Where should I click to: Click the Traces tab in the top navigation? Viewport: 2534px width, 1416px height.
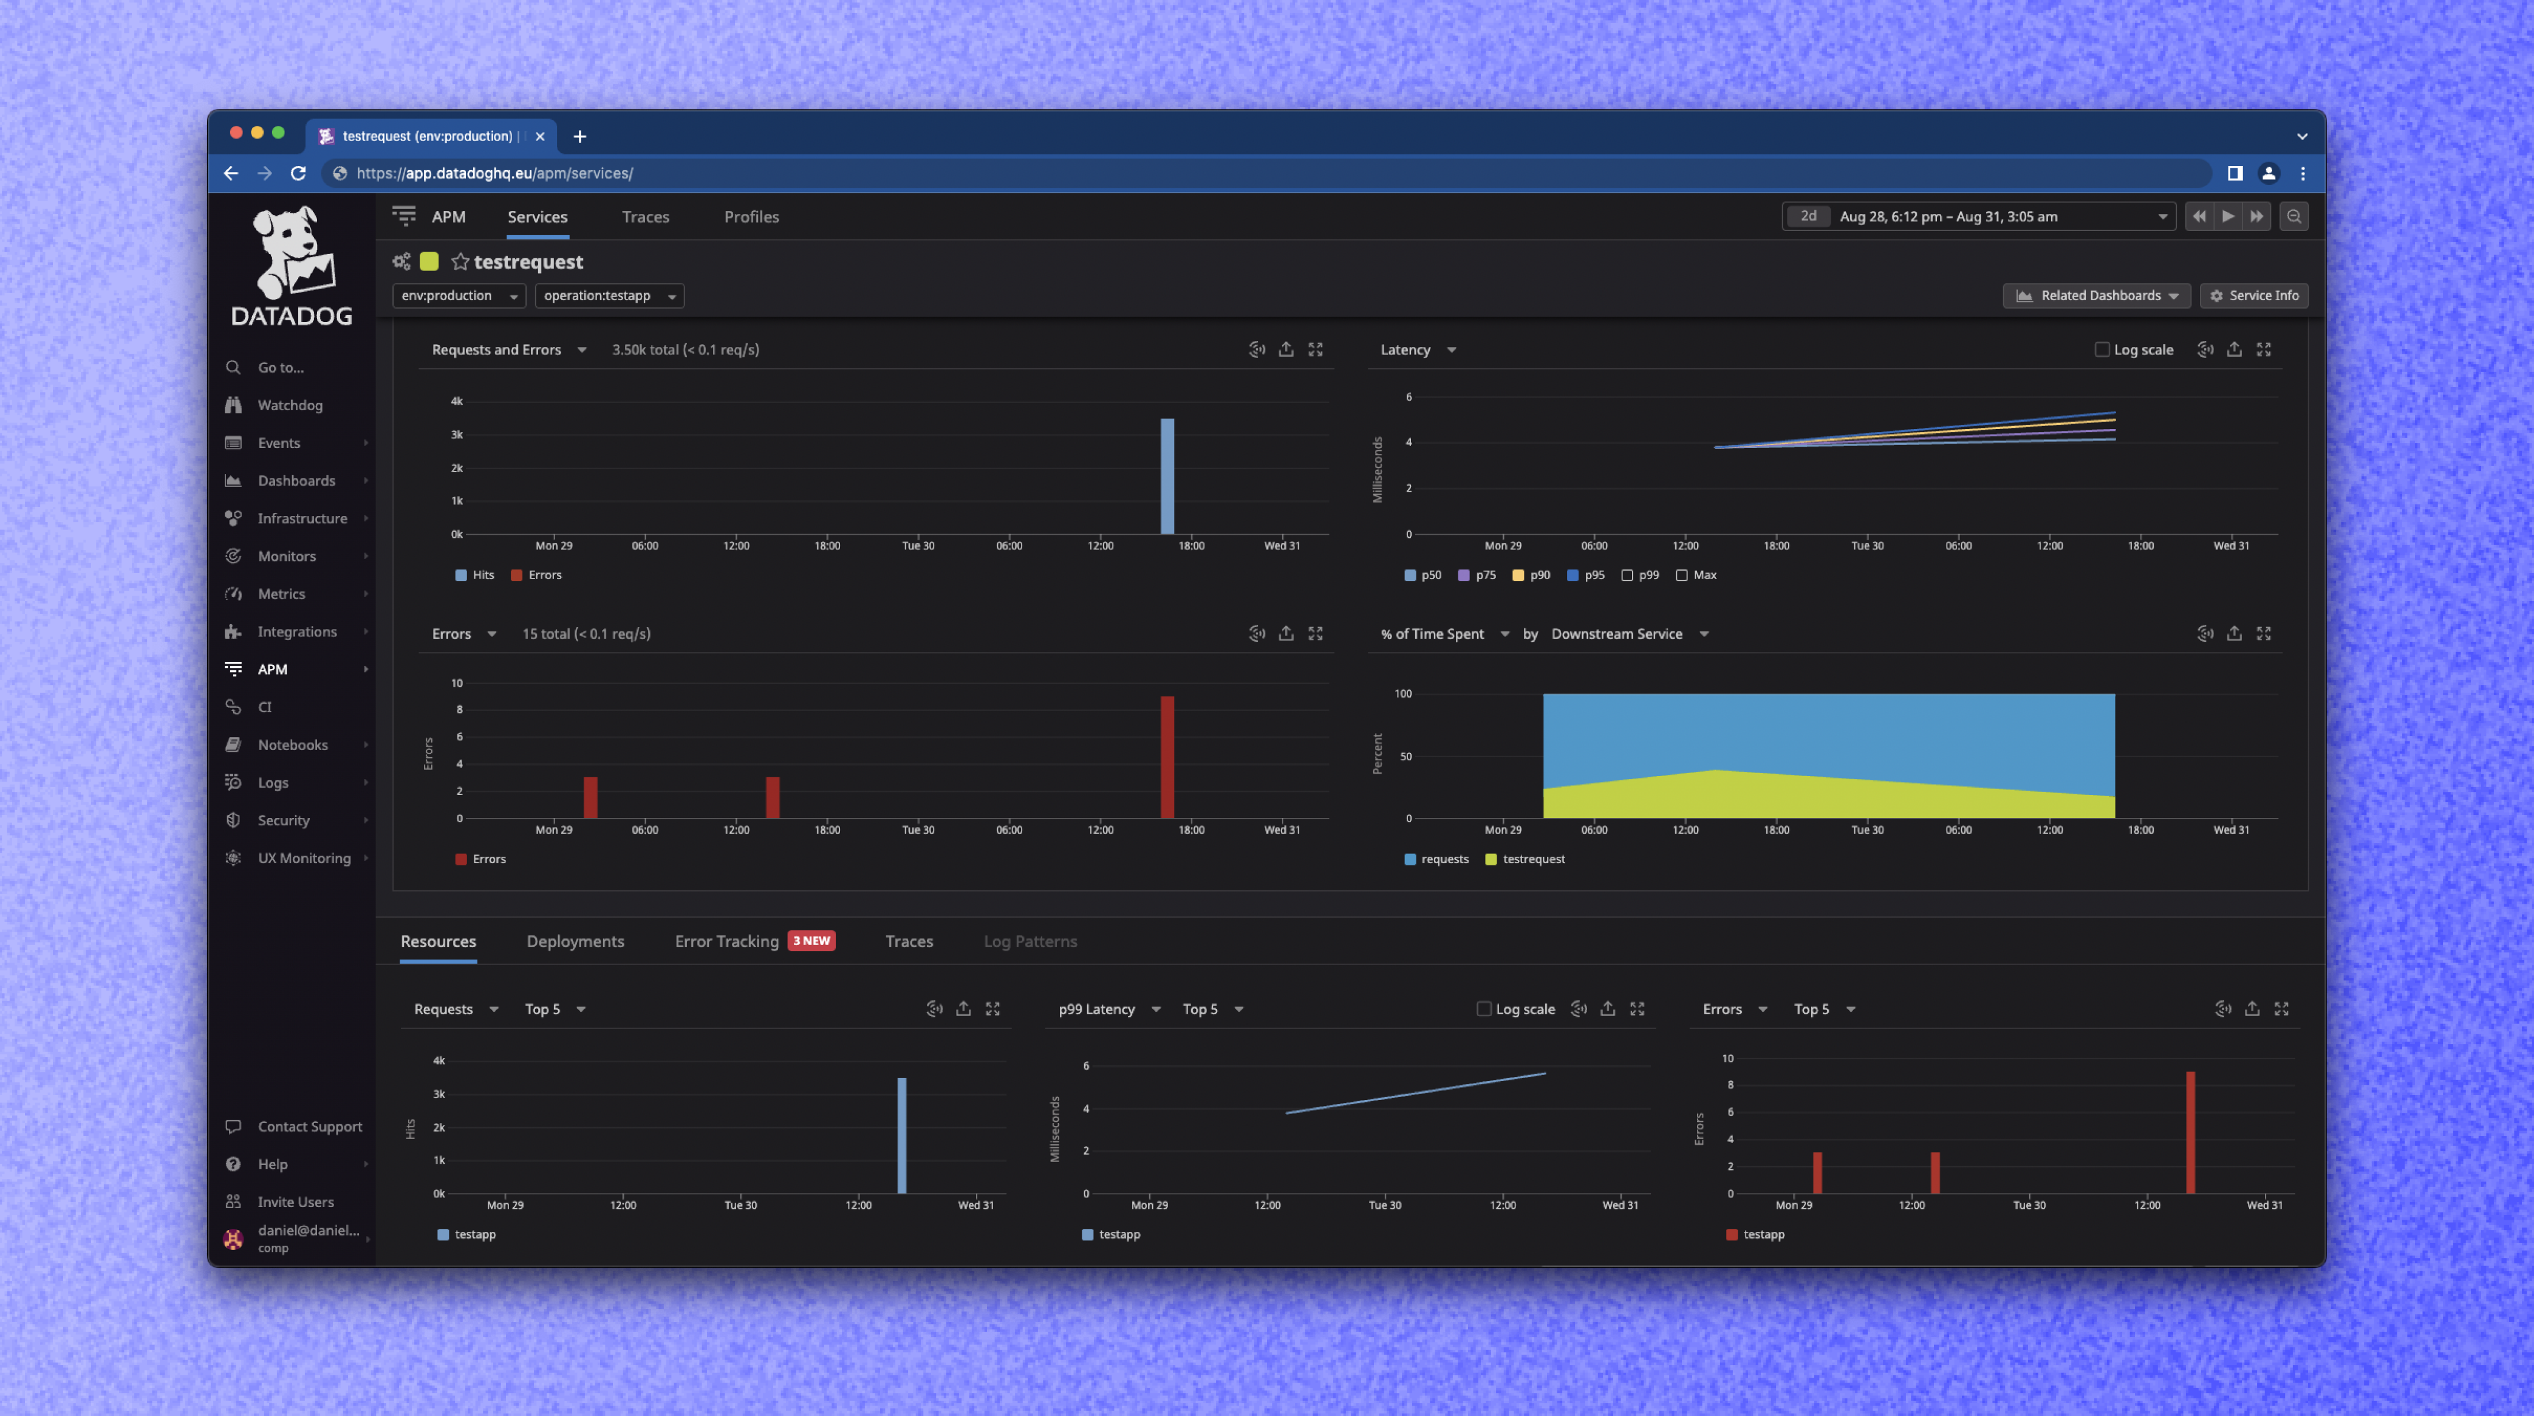click(x=645, y=216)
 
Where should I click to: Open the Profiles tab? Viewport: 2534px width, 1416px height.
click(x=751, y=216)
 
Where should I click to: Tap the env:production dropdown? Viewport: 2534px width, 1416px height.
click(x=459, y=296)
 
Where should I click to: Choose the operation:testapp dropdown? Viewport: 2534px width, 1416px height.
click(x=609, y=296)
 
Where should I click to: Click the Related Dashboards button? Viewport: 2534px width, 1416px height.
click(x=2096, y=296)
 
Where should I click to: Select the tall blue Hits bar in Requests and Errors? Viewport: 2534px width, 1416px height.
click(x=1167, y=477)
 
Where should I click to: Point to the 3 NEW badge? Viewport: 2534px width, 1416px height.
click(x=811, y=941)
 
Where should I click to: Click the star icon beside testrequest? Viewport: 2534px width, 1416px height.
click(x=459, y=262)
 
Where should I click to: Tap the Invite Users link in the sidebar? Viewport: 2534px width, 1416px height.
click(x=295, y=1201)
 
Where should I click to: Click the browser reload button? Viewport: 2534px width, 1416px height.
click(x=298, y=173)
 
